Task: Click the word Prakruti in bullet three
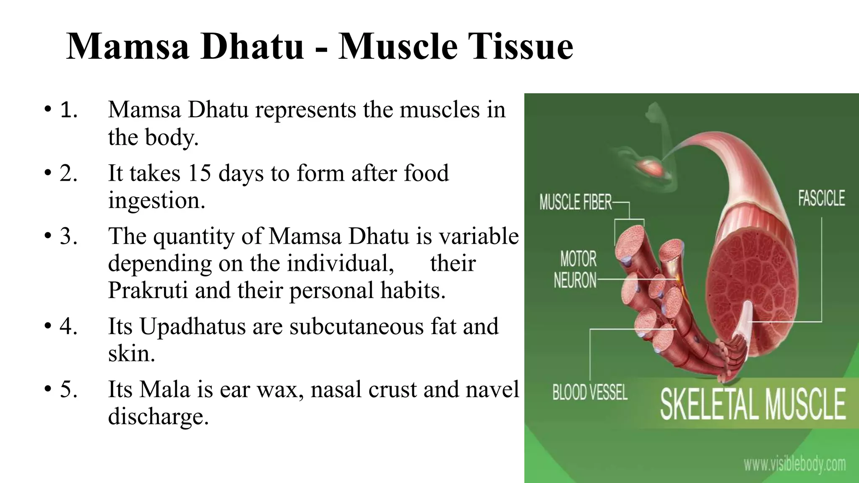[x=148, y=290]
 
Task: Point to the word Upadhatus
[x=192, y=326]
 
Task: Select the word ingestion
[x=156, y=200]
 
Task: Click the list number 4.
[x=68, y=326]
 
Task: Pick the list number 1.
[x=68, y=110]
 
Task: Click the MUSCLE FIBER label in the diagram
[x=575, y=203]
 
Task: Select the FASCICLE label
[x=821, y=198]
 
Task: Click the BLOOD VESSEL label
[x=589, y=393]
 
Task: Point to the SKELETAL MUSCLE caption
[x=752, y=404]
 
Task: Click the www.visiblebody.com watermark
[x=794, y=464]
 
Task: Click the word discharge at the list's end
[x=158, y=416]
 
